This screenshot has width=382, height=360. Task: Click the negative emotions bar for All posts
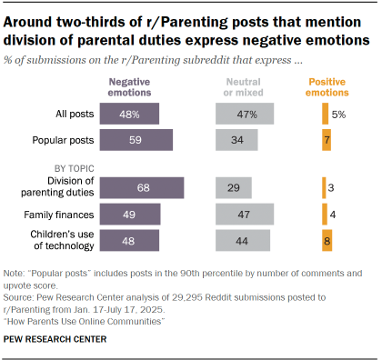click(129, 114)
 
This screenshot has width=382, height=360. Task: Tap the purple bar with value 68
click(141, 186)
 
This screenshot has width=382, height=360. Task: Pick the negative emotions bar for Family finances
click(130, 214)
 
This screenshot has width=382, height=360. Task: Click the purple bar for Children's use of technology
click(129, 240)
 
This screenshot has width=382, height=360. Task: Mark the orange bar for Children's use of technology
click(327, 240)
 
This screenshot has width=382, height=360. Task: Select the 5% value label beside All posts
click(338, 114)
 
